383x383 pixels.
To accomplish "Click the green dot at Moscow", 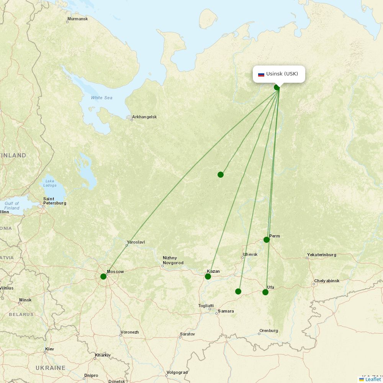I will (x=103, y=277).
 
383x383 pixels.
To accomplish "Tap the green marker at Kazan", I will (x=208, y=277).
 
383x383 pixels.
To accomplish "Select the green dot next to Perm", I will (x=267, y=240).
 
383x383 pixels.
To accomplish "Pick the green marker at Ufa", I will (x=265, y=292).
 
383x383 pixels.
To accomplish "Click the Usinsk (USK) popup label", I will (x=282, y=74).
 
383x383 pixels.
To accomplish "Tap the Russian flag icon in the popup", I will (x=261, y=74).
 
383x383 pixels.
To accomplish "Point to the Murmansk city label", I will (x=77, y=19).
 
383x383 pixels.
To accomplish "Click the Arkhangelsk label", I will (x=144, y=117).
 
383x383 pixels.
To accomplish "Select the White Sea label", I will (x=101, y=98).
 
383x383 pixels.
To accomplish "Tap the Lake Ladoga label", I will (x=50, y=183).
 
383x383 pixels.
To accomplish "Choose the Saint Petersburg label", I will (x=54, y=201).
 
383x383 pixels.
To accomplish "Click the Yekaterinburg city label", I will (x=321, y=255).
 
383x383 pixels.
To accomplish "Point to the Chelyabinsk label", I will (x=327, y=281).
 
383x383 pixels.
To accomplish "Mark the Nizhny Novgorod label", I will (x=173, y=260).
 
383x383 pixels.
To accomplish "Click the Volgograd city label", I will (x=177, y=372).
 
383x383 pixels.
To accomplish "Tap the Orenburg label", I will (x=268, y=331).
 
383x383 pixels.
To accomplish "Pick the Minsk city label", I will (x=25, y=300).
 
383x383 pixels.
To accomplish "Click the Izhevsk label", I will (x=250, y=254).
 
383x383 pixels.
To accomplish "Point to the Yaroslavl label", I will (x=136, y=242).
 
